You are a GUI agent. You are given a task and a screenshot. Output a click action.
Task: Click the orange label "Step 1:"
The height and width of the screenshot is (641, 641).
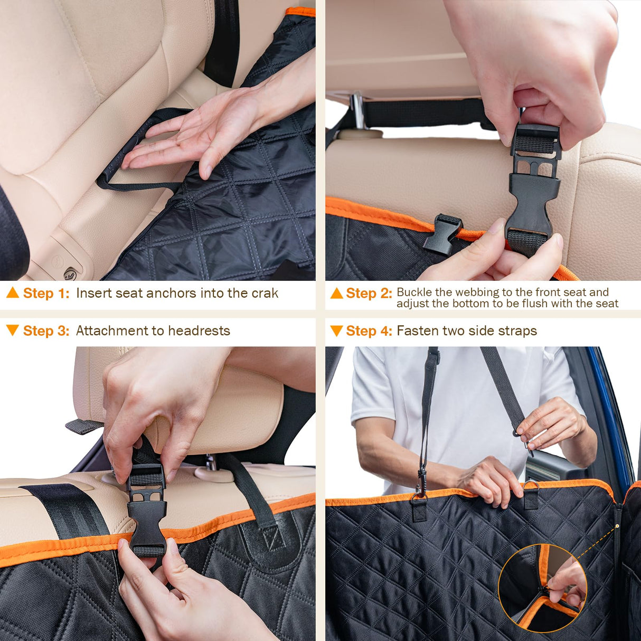pos(46,294)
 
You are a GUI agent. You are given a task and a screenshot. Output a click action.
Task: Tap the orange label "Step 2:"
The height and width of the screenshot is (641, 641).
pos(369,294)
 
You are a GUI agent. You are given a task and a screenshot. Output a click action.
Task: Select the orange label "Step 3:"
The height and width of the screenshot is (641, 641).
pos(46,331)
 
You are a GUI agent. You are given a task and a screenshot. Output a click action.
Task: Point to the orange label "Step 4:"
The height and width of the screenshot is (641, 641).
pos(369,331)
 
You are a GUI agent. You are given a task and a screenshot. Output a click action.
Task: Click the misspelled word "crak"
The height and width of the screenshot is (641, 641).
pos(265,294)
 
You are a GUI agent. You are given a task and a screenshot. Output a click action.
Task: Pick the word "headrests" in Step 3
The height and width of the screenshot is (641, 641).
pos(199,331)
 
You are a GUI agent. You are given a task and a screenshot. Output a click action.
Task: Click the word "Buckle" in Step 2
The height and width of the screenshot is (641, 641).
pos(414,292)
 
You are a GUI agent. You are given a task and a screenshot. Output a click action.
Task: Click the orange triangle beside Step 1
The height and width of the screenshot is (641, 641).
pos(13,293)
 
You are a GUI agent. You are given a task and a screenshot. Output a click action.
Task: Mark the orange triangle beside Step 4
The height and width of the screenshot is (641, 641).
pos(336,331)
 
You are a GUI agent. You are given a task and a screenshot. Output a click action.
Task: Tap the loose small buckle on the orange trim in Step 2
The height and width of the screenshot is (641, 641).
pos(442,233)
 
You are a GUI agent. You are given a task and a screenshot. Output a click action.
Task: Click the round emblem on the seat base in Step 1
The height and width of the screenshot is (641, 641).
pos(70,274)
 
